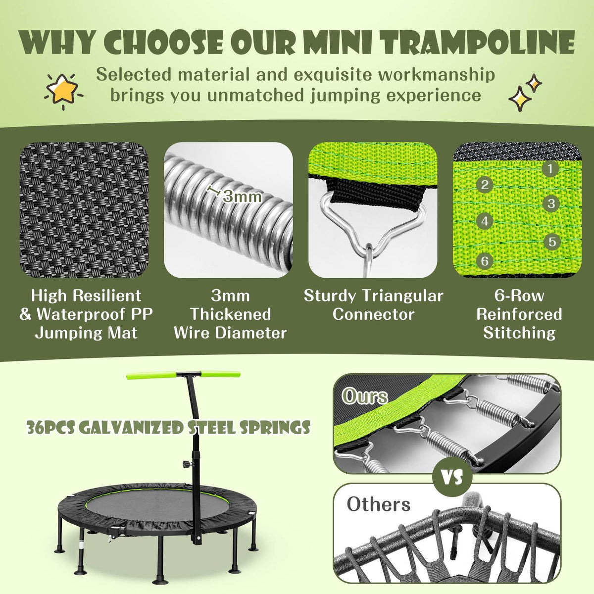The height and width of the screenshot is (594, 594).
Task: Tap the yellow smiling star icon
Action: pos(63,89)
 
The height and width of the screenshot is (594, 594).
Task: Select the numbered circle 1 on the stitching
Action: pos(550,169)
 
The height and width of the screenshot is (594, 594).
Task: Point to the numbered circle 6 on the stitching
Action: pos(485,261)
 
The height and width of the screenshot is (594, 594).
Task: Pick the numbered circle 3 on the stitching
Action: pos(551,203)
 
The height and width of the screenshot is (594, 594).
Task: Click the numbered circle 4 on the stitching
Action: pos(485,221)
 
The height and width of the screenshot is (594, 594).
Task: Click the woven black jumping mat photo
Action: pos(84,210)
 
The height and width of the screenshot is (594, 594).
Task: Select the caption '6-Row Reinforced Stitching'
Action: pos(519,314)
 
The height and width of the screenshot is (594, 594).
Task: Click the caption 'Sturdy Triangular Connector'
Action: pos(373,305)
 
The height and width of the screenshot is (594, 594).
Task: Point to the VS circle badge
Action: pos(452,477)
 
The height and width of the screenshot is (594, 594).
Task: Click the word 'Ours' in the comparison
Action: pos(365,396)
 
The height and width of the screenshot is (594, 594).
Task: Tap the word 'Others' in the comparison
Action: pos(379,504)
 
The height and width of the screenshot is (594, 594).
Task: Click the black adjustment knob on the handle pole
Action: pos(185,465)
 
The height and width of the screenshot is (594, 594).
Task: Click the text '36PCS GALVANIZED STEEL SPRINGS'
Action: pos(168,428)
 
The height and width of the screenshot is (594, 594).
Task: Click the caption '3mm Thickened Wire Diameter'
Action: pos(230,314)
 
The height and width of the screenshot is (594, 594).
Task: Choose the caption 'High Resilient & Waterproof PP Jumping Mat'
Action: pos(86,314)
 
